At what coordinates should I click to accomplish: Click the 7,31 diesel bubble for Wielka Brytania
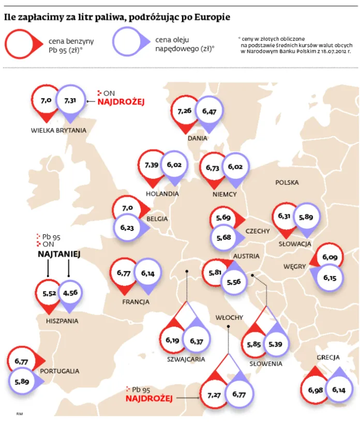tap(70, 100)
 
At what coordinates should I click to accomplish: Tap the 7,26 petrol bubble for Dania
tap(185, 111)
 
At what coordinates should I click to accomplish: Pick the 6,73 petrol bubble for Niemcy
tap(213, 168)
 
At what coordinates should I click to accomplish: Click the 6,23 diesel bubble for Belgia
tap(127, 227)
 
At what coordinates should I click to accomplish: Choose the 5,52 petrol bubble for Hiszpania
tap(49, 293)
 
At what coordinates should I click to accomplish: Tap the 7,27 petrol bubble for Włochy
tap(214, 395)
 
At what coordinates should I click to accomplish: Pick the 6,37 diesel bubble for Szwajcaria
tap(197, 341)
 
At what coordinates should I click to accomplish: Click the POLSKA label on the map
tap(287, 182)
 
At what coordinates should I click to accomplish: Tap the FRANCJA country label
tap(136, 302)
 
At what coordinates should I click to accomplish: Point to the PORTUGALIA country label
tap(59, 371)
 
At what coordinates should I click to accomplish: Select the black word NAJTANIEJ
tap(59, 254)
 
